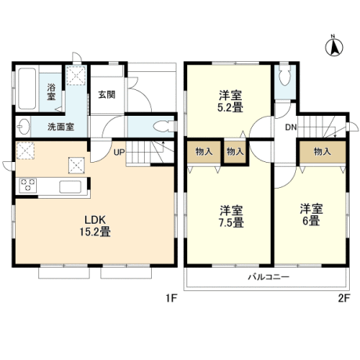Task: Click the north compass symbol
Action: coord(333,46)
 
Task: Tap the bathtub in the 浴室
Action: coord(27,88)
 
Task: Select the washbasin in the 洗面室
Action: coord(23,127)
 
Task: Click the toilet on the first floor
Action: coord(164,127)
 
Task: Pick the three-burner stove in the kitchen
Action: coord(27,185)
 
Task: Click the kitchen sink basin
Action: coord(70,187)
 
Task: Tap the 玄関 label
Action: coord(106,95)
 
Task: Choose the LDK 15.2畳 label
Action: coord(95,225)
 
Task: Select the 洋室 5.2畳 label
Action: coord(231,101)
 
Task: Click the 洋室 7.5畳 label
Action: coord(231,216)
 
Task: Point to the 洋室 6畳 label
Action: coord(311,214)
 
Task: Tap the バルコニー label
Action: coord(268,276)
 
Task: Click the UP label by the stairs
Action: coord(119,152)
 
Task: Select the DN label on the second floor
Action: coord(291,128)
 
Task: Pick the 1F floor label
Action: coord(171,298)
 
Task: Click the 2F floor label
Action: coord(344,298)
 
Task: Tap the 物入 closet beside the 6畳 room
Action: coord(322,152)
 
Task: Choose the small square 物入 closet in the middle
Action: coord(235,152)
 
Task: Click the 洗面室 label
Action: coord(61,127)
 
